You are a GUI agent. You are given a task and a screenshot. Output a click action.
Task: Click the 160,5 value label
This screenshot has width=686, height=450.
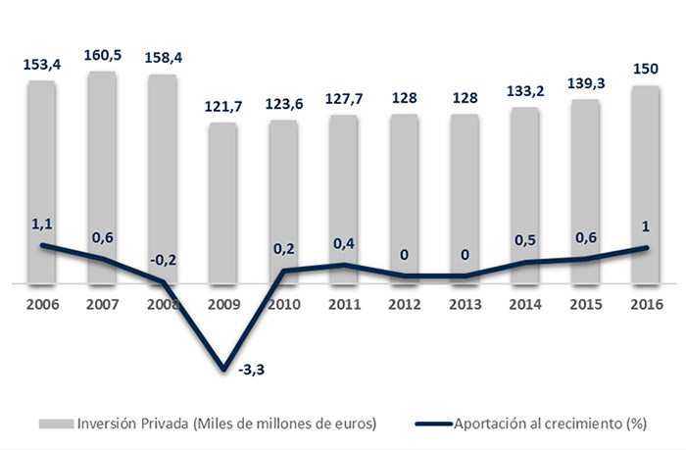coord(101,55)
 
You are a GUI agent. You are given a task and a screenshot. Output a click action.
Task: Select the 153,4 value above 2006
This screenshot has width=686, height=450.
coord(41,64)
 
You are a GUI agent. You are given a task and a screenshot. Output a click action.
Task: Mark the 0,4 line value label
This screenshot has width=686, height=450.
coord(344,242)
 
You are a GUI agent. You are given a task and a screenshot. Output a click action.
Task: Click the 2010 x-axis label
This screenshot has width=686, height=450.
coord(283,303)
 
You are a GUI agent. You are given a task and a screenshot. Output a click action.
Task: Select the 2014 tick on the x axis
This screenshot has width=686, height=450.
coord(525,303)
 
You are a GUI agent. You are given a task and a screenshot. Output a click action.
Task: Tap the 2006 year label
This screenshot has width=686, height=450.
coord(41,303)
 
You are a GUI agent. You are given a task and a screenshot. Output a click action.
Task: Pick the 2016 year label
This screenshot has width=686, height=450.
coord(647,303)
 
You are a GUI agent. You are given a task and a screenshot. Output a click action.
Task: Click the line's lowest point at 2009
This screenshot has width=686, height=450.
coord(224,370)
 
